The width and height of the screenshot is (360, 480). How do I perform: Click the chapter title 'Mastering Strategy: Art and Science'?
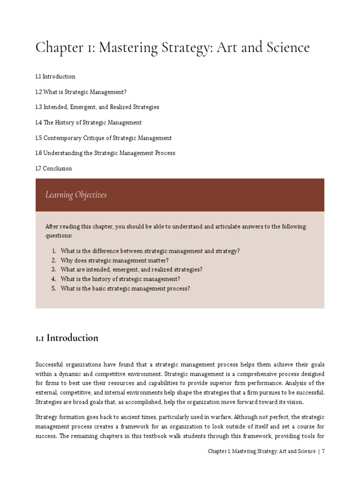[172, 48]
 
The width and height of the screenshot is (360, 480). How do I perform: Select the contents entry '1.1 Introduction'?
[55, 76]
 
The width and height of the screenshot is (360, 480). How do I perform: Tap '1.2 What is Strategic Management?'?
[81, 92]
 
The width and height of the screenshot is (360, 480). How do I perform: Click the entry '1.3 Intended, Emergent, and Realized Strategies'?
[97, 107]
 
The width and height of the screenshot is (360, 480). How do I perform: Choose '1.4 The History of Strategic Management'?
[88, 122]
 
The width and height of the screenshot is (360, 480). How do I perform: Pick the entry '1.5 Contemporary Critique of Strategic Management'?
[103, 138]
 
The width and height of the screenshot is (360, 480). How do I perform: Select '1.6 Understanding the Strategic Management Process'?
[105, 153]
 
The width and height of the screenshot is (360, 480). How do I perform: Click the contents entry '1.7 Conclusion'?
[53, 168]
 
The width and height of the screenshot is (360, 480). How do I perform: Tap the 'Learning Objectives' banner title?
[76, 195]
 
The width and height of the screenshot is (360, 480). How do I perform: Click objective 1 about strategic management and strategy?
[150, 251]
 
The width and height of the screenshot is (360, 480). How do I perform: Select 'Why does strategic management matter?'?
[114, 260]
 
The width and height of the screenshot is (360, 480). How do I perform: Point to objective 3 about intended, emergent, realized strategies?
[131, 270]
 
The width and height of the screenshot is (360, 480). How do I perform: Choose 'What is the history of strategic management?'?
[120, 279]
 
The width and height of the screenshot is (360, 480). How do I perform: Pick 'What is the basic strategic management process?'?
[125, 288]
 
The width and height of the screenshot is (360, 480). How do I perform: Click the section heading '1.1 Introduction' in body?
[67, 338]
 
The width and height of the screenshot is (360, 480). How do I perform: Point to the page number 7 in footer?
[323, 451]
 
